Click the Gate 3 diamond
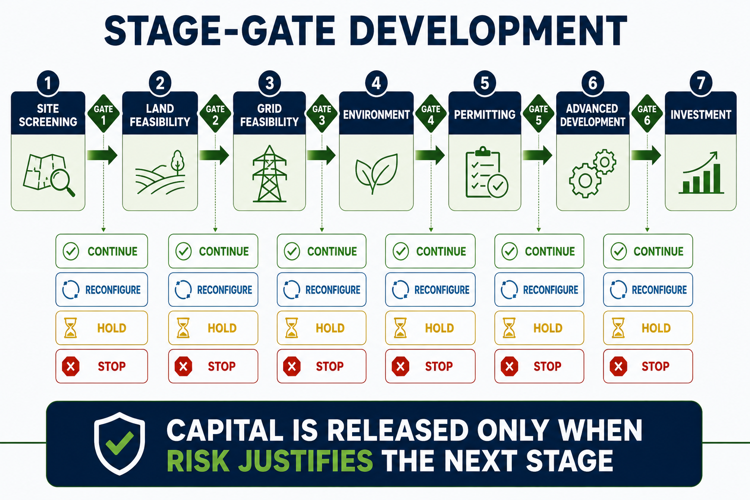click(x=322, y=114)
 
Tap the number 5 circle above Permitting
click(x=484, y=83)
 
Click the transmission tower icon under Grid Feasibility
click(x=270, y=174)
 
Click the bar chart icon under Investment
click(x=701, y=173)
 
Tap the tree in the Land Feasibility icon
click(x=177, y=163)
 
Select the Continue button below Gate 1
click(x=102, y=251)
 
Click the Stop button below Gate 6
click(x=648, y=366)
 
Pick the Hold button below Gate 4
click(x=430, y=328)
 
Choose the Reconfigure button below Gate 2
click(x=213, y=290)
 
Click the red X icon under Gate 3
click(x=292, y=366)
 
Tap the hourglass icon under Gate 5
click(x=509, y=328)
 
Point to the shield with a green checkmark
click(x=120, y=443)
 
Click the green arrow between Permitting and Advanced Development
click(x=538, y=155)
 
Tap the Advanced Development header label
click(x=593, y=115)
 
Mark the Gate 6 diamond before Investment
click(x=647, y=114)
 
